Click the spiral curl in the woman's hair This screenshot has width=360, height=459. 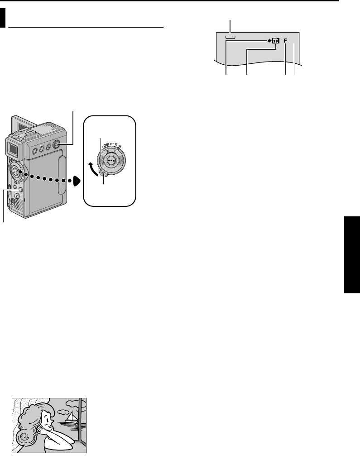23,438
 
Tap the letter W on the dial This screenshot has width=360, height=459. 108,152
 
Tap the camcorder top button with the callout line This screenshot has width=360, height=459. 57,144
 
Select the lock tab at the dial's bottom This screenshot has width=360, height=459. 105,175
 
